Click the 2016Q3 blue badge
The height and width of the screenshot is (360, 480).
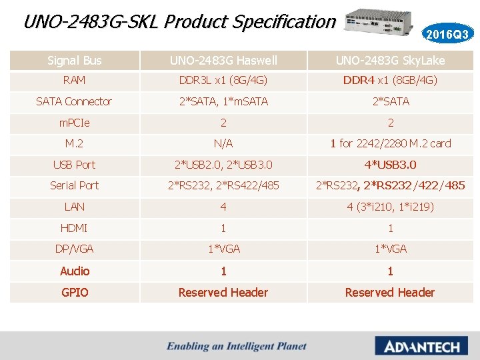447,33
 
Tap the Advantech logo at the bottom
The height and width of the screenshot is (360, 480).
417,346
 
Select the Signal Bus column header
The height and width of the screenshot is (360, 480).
75,61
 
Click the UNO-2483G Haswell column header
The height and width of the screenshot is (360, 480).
223,61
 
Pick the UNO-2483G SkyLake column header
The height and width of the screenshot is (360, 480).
390,61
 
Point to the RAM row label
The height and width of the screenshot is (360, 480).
75,80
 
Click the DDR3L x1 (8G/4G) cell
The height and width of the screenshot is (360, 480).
223,80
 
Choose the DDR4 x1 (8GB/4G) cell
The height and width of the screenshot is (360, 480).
390,80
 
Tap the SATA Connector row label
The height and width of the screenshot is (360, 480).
75,101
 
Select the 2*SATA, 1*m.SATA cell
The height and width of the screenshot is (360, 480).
223,101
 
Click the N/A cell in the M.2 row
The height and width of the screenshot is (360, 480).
223,143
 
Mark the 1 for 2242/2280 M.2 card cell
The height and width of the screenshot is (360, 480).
390,143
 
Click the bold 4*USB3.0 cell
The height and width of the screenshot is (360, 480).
390,165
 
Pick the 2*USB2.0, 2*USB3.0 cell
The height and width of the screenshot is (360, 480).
223,165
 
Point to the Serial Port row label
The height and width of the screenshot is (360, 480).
75,185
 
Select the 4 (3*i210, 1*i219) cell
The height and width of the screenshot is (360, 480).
390,207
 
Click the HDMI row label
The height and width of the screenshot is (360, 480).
75,228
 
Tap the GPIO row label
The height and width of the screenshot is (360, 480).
75,292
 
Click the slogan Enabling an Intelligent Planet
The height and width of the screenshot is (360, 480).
237,346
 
